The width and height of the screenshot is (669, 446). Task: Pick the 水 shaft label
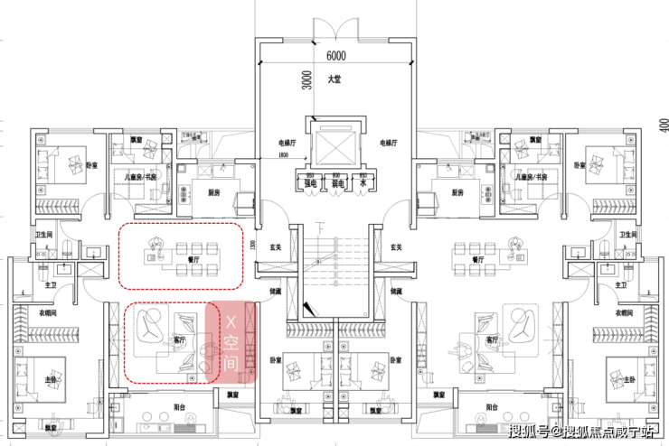[x=363, y=182]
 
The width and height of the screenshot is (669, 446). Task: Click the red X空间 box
[x=231, y=340]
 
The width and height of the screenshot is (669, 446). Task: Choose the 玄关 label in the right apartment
[x=395, y=246]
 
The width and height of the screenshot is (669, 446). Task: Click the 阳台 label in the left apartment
[x=179, y=406]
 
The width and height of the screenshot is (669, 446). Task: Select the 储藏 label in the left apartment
[x=275, y=292]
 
